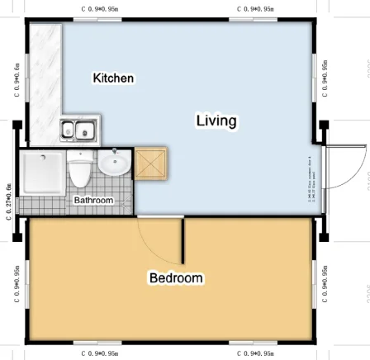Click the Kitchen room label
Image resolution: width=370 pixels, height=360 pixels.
[x=113, y=78]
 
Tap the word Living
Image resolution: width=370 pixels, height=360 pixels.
[x=216, y=121]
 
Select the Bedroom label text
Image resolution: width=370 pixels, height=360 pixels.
[x=176, y=278]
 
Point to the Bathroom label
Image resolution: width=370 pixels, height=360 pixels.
[x=93, y=201]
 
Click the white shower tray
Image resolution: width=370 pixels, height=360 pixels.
[x=40, y=172]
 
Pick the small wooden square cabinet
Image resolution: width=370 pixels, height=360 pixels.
[x=152, y=164]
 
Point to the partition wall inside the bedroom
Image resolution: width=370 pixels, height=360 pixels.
[x=183, y=239]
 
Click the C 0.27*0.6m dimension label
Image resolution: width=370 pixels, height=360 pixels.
[x=8, y=201]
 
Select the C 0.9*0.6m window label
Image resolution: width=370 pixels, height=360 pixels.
[x=16, y=79]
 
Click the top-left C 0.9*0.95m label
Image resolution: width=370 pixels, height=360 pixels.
[x=99, y=8]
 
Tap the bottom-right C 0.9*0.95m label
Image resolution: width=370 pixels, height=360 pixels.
[x=256, y=353]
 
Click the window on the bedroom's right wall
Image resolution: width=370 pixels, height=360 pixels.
[x=314, y=281]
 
